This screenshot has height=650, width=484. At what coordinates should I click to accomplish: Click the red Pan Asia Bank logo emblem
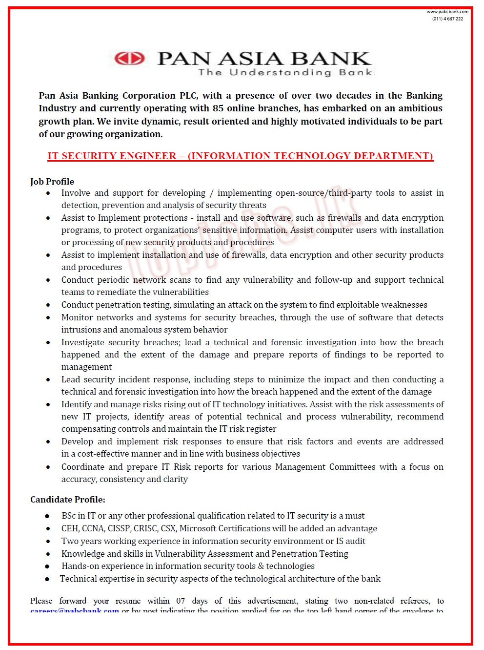pyautogui.click(x=129, y=59)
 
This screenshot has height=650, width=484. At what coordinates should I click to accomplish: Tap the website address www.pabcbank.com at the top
pyautogui.click(x=447, y=12)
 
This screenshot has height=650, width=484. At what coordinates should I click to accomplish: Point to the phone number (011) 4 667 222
pyautogui.click(x=447, y=19)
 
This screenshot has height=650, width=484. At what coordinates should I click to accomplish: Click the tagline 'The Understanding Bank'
pyautogui.click(x=285, y=72)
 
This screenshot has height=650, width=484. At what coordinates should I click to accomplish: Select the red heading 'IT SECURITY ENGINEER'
pyautogui.click(x=112, y=156)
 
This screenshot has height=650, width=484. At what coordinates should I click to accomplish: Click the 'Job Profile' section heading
pyautogui.click(x=52, y=182)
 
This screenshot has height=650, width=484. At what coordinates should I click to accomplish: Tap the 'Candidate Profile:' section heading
pyautogui.click(x=68, y=500)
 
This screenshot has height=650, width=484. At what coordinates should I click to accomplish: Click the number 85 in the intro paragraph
pyautogui.click(x=218, y=108)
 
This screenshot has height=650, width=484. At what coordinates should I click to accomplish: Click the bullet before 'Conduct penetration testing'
pyautogui.click(x=48, y=305)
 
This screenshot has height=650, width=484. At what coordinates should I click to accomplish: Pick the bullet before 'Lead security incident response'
pyautogui.click(x=48, y=380)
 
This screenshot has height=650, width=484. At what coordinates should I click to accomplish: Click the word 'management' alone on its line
pyautogui.click(x=86, y=367)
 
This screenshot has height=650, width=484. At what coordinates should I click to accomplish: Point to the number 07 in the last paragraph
pyautogui.click(x=181, y=601)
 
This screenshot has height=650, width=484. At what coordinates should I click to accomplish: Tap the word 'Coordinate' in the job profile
pyautogui.click(x=82, y=467)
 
